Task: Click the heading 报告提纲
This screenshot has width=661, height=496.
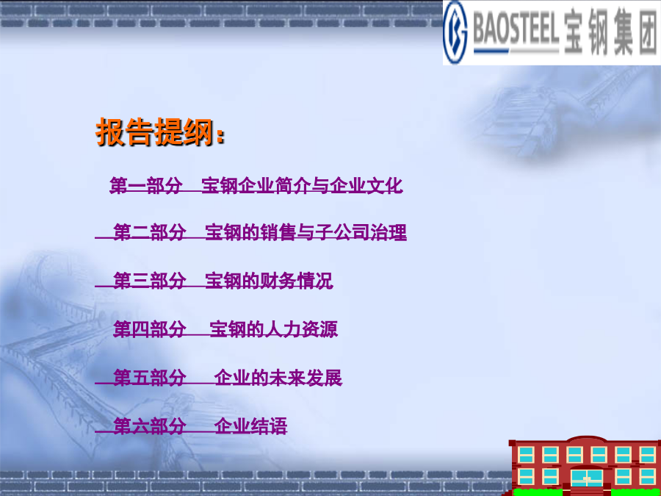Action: [x=155, y=132]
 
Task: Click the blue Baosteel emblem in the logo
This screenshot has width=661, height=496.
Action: [x=455, y=32]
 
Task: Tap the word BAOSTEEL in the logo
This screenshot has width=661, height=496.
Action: [x=516, y=31]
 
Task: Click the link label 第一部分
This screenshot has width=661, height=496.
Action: [x=146, y=186]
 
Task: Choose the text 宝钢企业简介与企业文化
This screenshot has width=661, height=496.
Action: [x=302, y=186]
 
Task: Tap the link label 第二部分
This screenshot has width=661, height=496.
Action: [x=150, y=232]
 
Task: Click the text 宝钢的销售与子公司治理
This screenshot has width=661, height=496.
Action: [x=306, y=232]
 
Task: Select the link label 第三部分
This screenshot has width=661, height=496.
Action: [x=150, y=281]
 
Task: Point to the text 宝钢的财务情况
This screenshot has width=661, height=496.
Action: [x=270, y=281]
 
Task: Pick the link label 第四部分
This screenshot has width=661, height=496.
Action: [x=150, y=329]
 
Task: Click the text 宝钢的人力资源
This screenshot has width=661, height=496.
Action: [x=274, y=329]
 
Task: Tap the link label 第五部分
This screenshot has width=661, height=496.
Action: [x=150, y=378]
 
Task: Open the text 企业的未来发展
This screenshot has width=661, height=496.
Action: [x=278, y=378]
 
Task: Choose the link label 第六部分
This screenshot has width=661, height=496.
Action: [x=150, y=426]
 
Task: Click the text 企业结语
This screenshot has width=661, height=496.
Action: [x=251, y=426]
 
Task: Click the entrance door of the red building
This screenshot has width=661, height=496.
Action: [x=586, y=478]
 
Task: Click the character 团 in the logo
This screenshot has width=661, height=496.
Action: [x=647, y=32]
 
